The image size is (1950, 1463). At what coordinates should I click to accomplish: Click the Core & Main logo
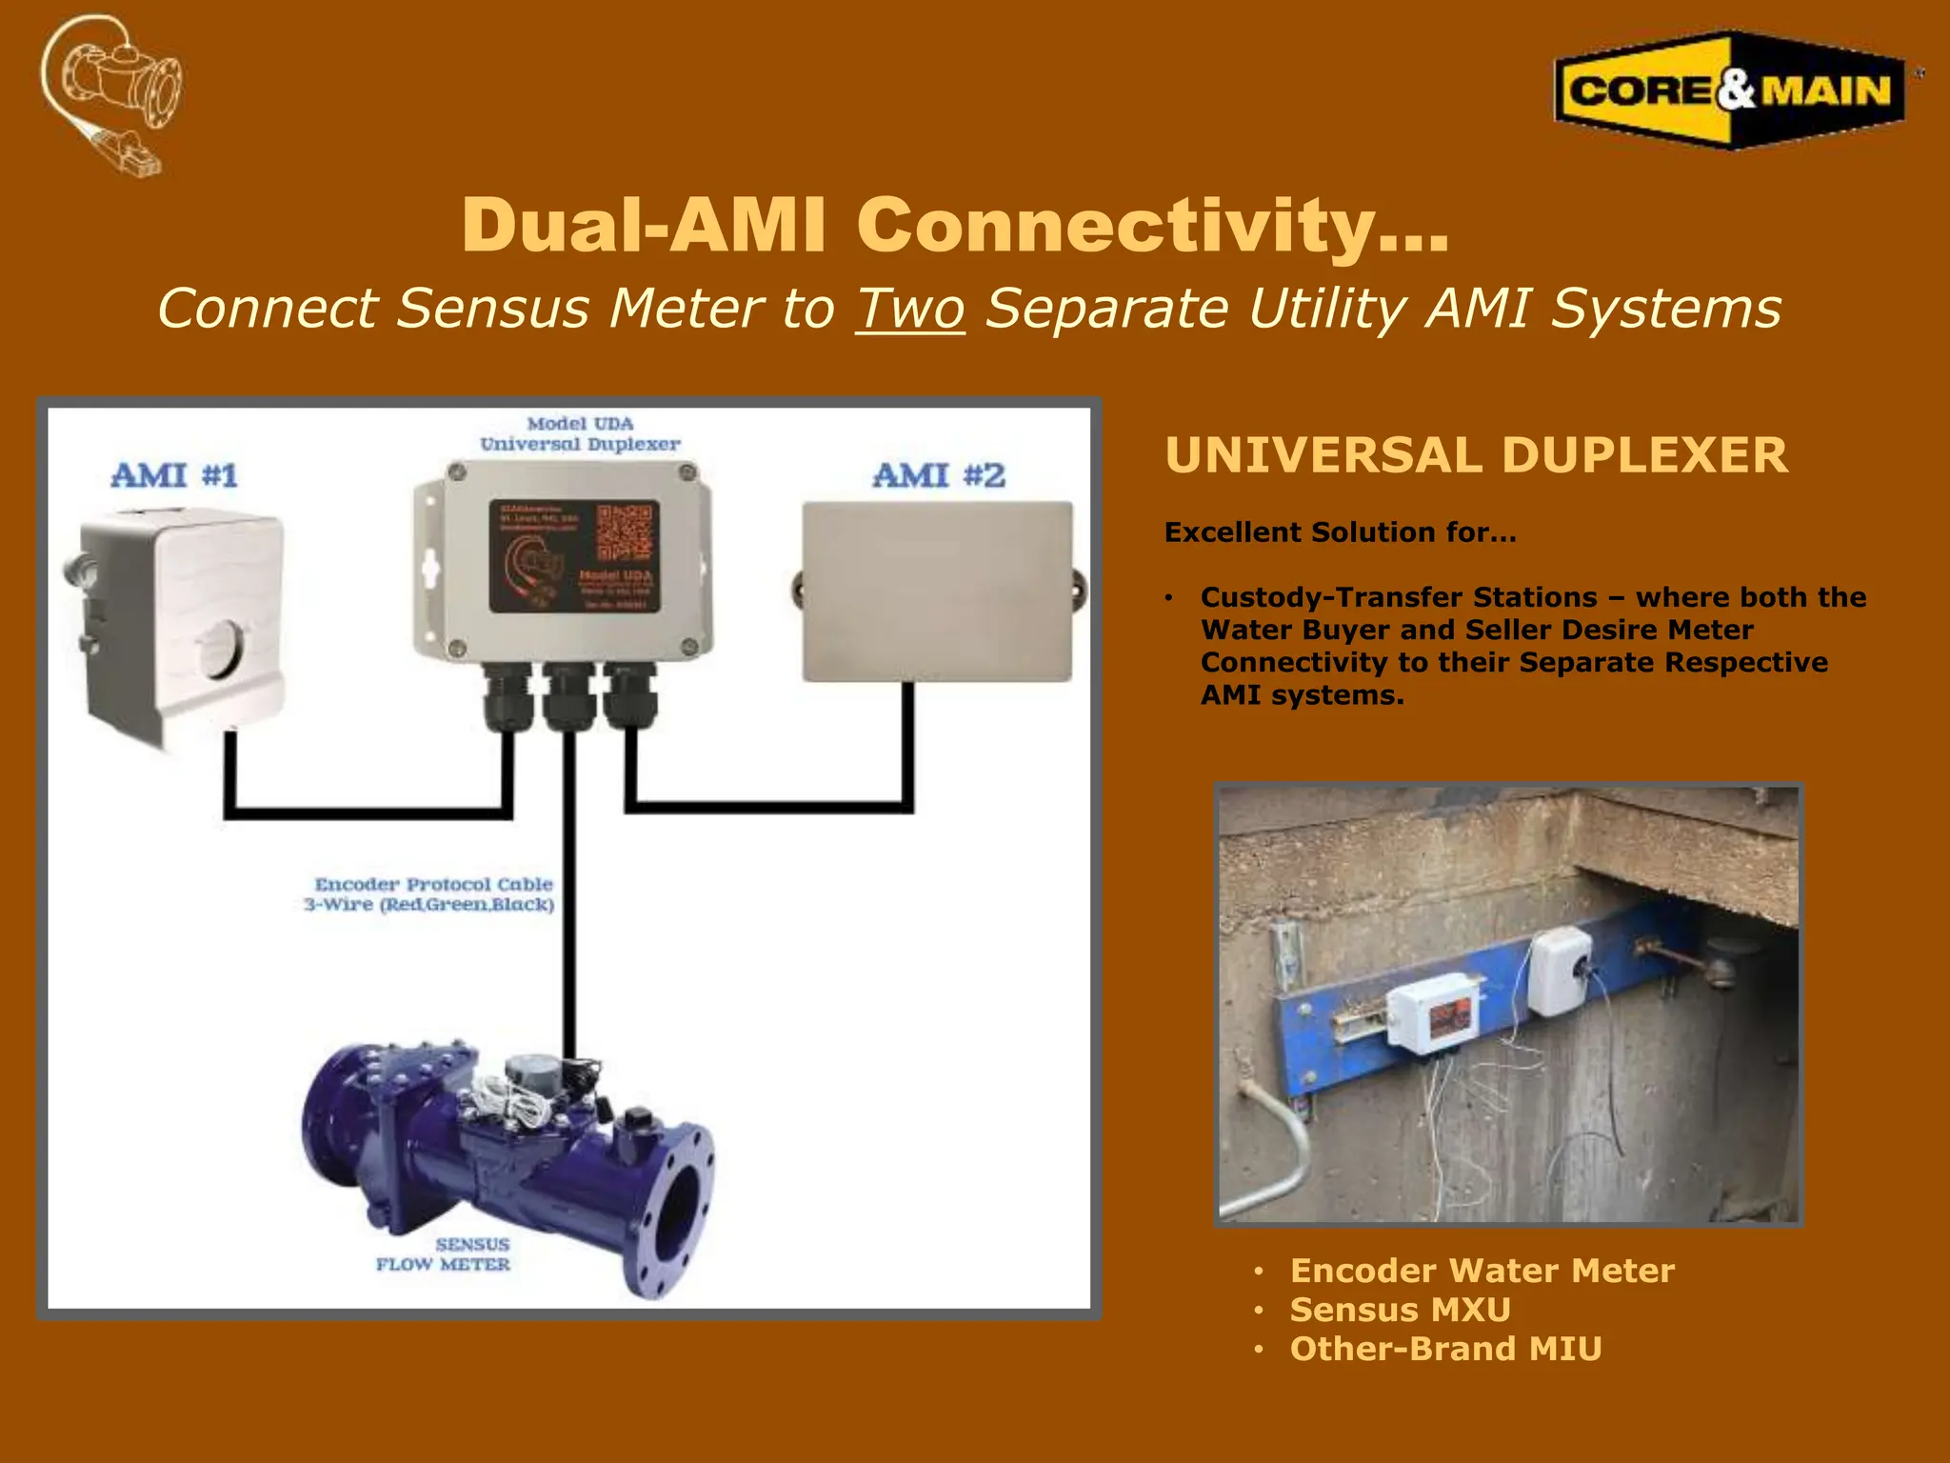[1729, 90]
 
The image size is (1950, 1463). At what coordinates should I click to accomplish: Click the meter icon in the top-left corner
[112, 93]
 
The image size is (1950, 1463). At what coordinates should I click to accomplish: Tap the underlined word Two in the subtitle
[910, 310]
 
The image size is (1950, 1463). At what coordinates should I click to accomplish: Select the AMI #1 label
[174, 475]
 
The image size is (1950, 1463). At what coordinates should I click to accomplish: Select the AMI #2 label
[939, 475]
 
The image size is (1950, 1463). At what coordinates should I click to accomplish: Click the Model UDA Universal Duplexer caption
[580, 434]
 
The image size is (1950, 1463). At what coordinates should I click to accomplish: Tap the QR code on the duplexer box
[625, 533]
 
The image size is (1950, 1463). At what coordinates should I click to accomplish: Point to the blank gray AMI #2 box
[937, 591]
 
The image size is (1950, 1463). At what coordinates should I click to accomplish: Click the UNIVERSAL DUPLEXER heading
[1476, 455]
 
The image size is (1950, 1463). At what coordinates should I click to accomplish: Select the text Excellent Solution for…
[1340, 532]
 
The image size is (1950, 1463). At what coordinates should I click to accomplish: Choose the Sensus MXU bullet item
[1400, 1310]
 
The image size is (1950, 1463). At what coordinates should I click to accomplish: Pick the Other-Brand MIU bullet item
[1444, 1349]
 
